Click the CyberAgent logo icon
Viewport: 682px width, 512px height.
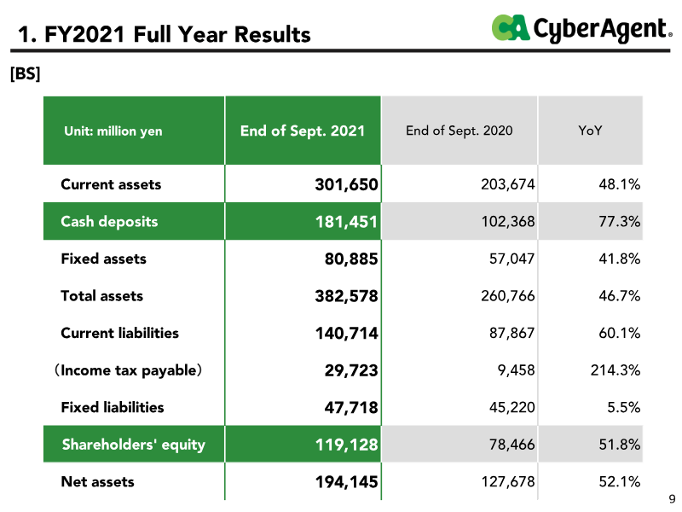[x=511, y=28]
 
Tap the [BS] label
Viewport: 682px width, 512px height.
[x=26, y=73]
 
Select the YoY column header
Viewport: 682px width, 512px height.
[x=590, y=131]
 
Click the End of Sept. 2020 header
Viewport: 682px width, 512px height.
[x=459, y=131]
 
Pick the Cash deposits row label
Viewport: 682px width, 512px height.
[x=109, y=222]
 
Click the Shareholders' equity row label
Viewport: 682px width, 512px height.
[x=134, y=445]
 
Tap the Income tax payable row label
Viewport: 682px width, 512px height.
[x=128, y=370]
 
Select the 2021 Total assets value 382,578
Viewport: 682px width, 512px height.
[x=347, y=296]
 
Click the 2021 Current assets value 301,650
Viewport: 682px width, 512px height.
[x=347, y=184]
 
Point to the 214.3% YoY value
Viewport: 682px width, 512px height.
[x=615, y=370]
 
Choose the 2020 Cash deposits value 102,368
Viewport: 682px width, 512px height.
[x=507, y=222]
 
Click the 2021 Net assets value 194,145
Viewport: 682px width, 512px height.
[x=347, y=482]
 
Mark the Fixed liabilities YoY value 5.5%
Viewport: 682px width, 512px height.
[x=624, y=408]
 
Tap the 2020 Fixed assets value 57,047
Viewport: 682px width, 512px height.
[x=511, y=259]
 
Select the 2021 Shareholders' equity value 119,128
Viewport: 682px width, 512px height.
[x=347, y=445]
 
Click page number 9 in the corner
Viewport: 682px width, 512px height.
[x=672, y=499]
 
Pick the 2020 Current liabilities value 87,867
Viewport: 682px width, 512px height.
[x=511, y=333]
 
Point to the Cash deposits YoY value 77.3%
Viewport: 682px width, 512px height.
[x=620, y=222]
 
